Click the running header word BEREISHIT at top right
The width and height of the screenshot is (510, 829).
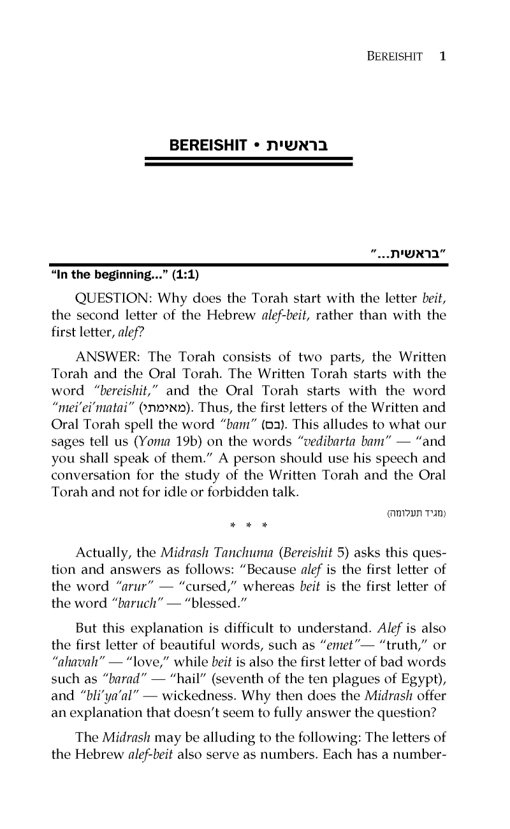(x=387, y=57)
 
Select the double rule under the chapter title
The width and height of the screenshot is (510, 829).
(x=249, y=165)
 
